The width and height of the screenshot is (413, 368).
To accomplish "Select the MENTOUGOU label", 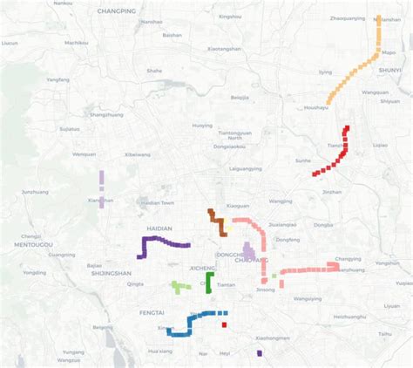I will [27, 245].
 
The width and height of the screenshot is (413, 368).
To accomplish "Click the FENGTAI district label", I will [152, 311].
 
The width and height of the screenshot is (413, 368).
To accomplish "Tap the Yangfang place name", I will [58, 79].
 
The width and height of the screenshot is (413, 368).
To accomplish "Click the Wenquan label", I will [85, 154].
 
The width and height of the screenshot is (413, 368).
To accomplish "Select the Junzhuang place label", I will [35, 192].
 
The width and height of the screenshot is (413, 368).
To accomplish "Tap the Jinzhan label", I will [332, 192].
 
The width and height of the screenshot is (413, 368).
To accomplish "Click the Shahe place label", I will [154, 71].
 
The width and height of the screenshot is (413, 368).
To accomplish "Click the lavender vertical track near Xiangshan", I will [102, 189].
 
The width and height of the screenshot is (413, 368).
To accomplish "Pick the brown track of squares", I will [217, 221].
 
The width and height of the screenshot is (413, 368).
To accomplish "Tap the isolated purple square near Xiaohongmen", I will [260, 353].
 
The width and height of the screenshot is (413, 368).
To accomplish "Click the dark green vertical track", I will [209, 283].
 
